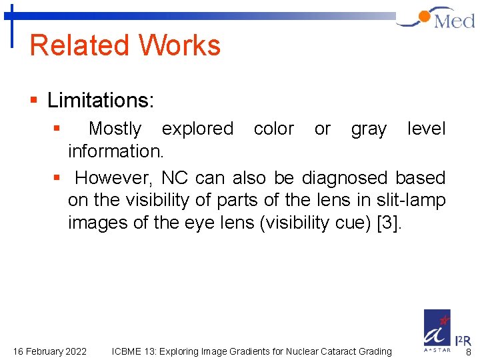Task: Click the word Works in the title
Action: coord(180,45)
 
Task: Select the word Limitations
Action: coord(101,101)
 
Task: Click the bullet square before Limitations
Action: coord(33,101)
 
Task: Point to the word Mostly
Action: coord(115,128)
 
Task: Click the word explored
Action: coord(197,128)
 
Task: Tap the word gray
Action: coord(369,129)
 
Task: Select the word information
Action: coord(115,151)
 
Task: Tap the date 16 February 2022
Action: coord(50,351)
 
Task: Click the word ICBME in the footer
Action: coord(127,351)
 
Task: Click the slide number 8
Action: coord(469,353)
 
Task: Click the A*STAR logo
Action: coord(437,331)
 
